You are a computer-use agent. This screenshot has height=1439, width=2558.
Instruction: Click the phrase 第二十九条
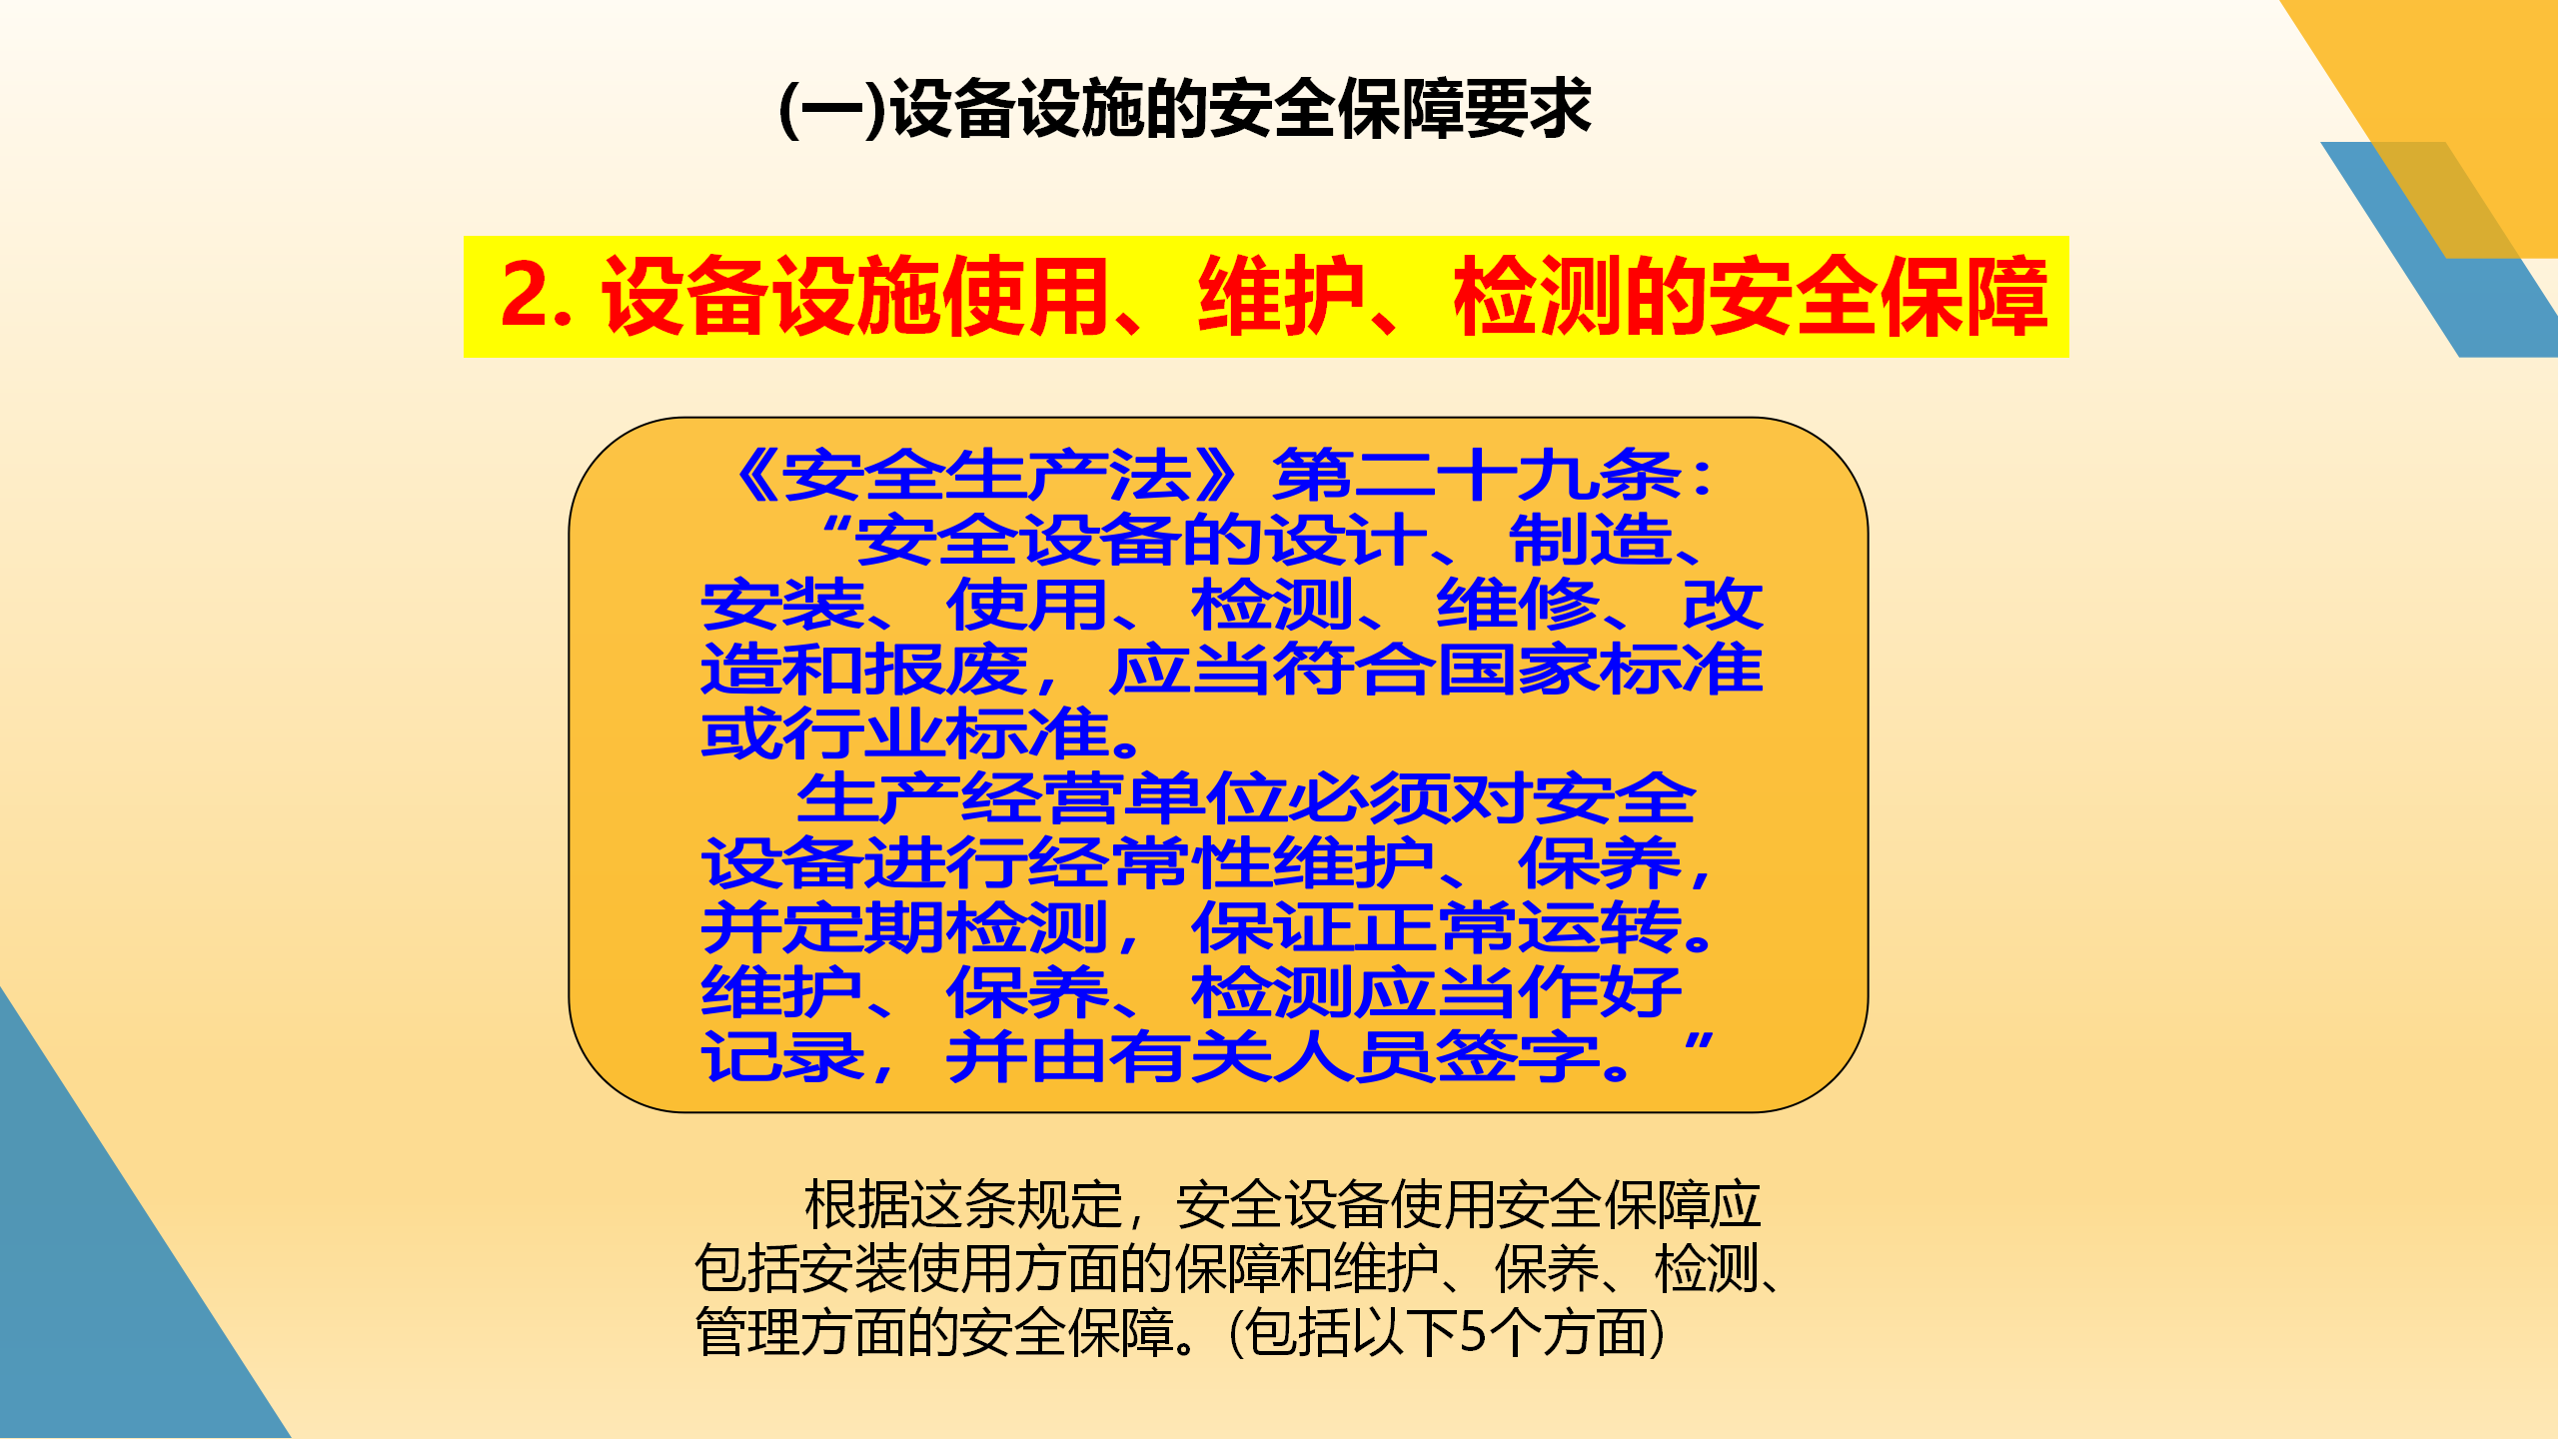point(1476,476)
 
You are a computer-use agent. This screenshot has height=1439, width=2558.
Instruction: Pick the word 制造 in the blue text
point(1591,540)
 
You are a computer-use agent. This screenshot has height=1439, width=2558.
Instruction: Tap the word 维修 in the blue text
point(1518,605)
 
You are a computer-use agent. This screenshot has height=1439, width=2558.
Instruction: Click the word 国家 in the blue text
point(1518,670)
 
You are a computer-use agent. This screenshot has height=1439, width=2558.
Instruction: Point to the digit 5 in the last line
point(1473,1333)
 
